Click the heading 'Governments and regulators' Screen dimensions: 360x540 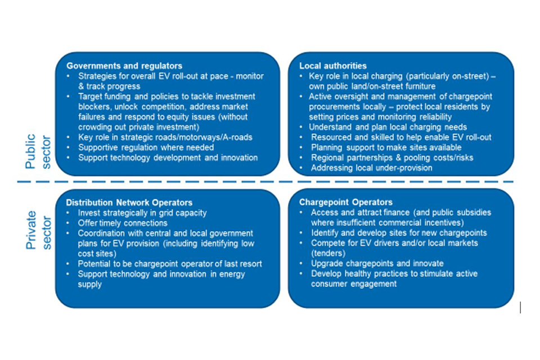(124, 66)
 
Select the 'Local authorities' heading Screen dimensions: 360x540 (332, 66)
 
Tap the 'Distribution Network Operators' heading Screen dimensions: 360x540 (129, 202)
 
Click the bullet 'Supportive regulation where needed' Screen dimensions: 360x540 (146, 147)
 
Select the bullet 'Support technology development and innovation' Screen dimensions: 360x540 (168, 157)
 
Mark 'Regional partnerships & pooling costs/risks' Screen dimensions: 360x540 (392, 157)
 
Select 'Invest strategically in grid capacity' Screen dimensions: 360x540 (142, 213)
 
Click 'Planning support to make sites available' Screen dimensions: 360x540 (386, 147)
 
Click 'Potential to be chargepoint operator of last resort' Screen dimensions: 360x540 (170, 263)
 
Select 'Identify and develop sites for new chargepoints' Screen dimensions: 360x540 (399, 233)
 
